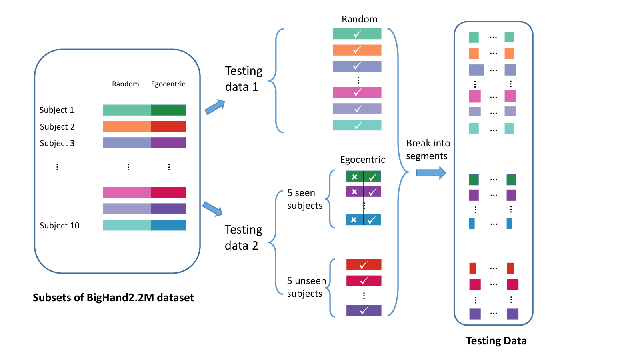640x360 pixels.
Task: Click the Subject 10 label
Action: click(x=60, y=226)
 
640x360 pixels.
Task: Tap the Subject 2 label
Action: click(x=57, y=126)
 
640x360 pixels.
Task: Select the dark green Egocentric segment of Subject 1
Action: click(x=168, y=110)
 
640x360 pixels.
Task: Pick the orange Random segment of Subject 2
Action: click(x=127, y=126)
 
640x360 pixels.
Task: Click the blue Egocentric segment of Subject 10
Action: click(x=168, y=225)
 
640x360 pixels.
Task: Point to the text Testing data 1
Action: click(x=244, y=78)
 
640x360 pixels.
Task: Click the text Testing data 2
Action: click(x=243, y=238)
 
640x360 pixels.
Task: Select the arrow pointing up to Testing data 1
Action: click(x=215, y=107)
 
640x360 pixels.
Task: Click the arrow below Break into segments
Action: click(x=431, y=173)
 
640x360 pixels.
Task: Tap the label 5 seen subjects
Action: click(x=304, y=199)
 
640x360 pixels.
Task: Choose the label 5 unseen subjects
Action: click(x=306, y=287)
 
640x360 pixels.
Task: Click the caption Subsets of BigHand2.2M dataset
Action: click(x=114, y=298)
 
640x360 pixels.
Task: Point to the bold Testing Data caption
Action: click(x=496, y=341)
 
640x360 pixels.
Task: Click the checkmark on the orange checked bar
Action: click(x=357, y=50)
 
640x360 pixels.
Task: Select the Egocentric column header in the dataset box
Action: click(x=168, y=84)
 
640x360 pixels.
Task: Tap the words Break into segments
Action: click(x=428, y=150)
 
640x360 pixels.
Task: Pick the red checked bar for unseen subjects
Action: click(x=364, y=264)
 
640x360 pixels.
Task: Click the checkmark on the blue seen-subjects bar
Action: click(x=372, y=220)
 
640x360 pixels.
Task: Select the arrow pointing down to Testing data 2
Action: click(x=212, y=209)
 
